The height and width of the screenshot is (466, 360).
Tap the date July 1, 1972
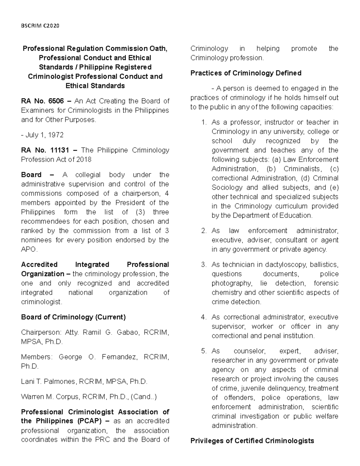[x=44, y=135]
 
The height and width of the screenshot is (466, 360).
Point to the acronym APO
[x=29, y=249]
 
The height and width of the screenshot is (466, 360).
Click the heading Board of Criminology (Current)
[x=73, y=317]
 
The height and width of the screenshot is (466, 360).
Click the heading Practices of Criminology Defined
[x=246, y=73]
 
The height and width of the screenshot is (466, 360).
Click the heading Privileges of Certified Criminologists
[x=252, y=440]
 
